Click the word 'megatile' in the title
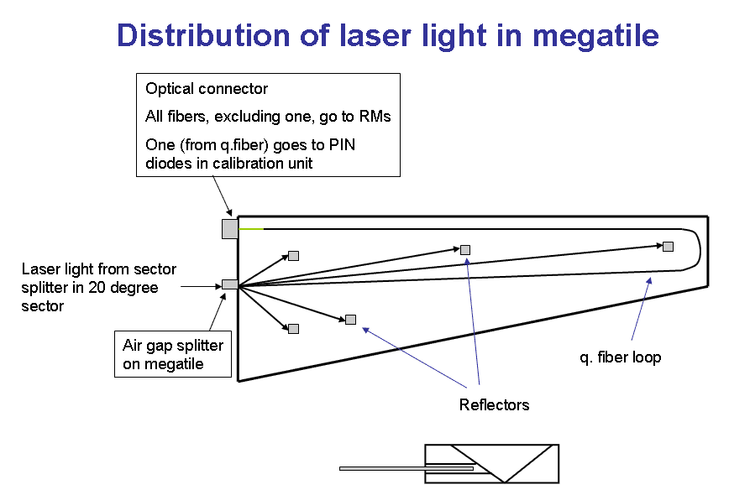pyautogui.click(x=595, y=35)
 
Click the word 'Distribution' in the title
pyautogui.click(x=204, y=35)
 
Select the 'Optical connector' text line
pyautogui.click(x=206, y=88)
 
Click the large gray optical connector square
pyautogui.click(x=230, y=228)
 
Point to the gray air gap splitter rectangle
pyautogui.click(x=229, y=284)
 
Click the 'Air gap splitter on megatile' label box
pyautogui.click(x=173, y=354)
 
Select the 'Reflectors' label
pyautogui.click(x=494, y=405)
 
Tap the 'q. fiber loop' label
pyautogui.click(x=621, y=357)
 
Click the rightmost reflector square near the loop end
pyautogui.click(x=669, y=246)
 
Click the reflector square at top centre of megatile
pyautogui.click(x=465, y=249)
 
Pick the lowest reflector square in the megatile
pyautogui.click(x=294, y=329)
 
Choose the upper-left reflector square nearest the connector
pyautogui.click(x=294, y=256)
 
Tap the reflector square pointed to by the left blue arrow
pyautogui.click(x=350, y=320)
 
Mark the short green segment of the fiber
pyautogui.click(x=250, y=229)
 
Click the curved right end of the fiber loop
pyautogui.click(x=699, y=249)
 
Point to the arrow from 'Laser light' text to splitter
pyautogui.click(x=202, y=286)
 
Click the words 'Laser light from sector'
pyautogui.click(x=99, y=269)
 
